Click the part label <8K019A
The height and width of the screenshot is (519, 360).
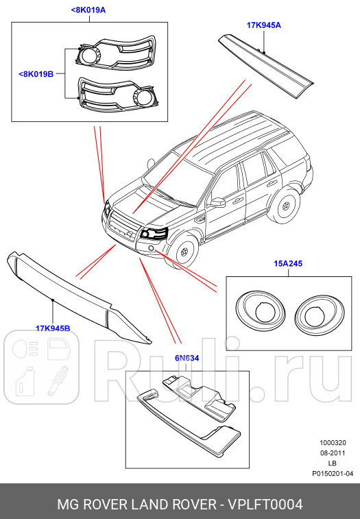[x=88, y=10]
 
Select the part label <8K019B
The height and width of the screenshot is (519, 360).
[x=36, y=74]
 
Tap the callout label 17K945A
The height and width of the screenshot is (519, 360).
[x=263, y=25]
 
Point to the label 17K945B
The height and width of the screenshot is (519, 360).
[x=53, y=328]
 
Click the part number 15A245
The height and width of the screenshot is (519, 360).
[x=288, y=263]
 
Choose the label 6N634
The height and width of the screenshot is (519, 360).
[x=187, y=358]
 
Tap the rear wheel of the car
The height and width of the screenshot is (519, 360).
[x=285, y=206]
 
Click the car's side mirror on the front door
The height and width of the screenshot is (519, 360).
[x=217, y=202]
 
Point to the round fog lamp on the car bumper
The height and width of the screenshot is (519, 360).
[x=151, y=248]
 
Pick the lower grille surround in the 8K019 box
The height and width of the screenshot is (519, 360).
[x=116, y=94]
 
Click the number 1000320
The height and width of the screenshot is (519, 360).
[x=333, y=442]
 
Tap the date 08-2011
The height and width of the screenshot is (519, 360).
[x=333, y=452]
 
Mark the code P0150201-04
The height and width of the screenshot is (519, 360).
[x=333, y=473]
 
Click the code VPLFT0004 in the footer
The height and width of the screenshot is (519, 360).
[x=265, y=505]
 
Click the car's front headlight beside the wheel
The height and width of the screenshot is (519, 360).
[x=153, y=233]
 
